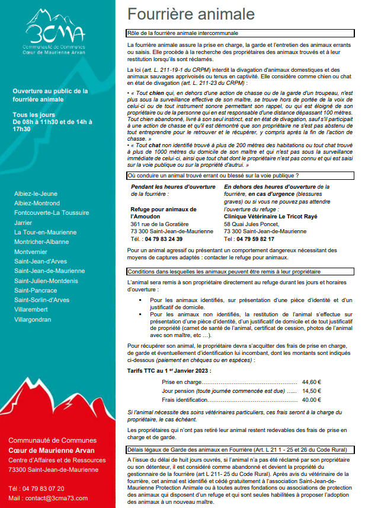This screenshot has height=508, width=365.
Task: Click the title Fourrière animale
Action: coord(191,14)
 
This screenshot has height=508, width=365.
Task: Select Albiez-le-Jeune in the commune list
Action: coord(36,193)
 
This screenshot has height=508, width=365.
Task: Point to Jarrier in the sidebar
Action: coord(24,223)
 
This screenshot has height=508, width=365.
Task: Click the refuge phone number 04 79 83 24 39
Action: coord(163,239)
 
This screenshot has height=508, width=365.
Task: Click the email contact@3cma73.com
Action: coord(58,498)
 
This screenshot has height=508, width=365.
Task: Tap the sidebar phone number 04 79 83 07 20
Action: coord(44,488)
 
